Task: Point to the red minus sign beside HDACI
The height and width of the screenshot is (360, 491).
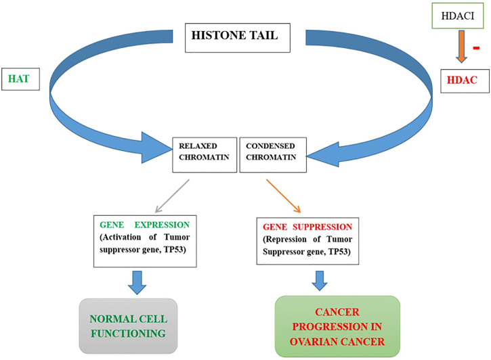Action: (x=476, y=49)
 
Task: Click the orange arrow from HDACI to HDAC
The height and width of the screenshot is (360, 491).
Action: (x=458, y=47)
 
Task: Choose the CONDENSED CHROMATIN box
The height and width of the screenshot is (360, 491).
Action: (x=272, y=155)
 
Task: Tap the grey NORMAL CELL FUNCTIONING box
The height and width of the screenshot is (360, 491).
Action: (x=127, y=325)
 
